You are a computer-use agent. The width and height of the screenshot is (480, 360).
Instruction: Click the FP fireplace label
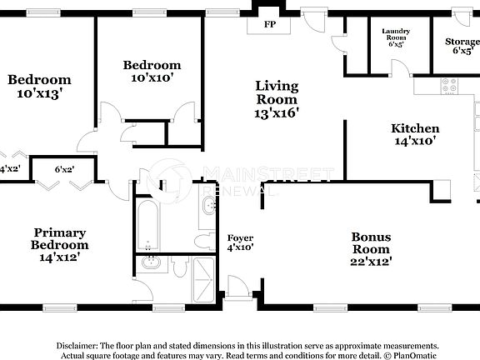pos(270,24)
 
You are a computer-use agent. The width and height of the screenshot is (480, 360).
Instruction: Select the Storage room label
pos(462,45)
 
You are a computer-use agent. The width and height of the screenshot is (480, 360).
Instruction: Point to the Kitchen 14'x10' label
pos(415,134)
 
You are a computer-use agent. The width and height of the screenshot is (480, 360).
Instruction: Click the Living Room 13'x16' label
pos(277,99)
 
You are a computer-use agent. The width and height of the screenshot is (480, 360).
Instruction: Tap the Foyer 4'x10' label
pos(240,242)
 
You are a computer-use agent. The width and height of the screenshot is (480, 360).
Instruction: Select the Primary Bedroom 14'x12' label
pos(59,245)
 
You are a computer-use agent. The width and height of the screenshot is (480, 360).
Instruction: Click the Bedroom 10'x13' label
pos(39,87)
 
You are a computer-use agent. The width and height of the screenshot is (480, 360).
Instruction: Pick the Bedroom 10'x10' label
pos(152,71)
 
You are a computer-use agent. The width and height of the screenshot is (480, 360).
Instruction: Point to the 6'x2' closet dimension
pos(64,169)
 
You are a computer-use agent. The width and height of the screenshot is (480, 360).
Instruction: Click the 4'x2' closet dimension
pos(9,169)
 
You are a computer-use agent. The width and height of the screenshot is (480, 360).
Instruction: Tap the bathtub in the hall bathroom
pos(147,222)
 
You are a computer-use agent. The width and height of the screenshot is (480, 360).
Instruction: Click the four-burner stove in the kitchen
pos(449,85)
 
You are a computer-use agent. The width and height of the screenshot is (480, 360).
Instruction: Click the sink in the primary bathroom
pos(151,264)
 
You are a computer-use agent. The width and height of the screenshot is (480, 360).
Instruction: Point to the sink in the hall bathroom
pos(207,209)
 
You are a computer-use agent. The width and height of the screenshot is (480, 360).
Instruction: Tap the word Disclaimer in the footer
pos(76,344)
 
